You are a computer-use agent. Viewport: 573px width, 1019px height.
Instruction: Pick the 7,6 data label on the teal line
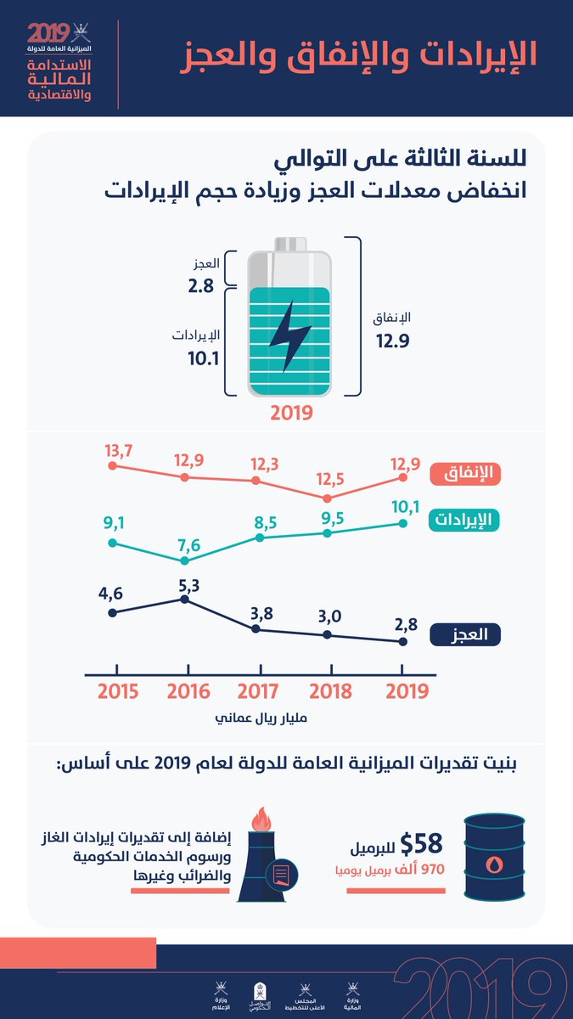(188, 543)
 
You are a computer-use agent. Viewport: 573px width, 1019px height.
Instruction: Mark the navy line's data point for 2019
(402, 642)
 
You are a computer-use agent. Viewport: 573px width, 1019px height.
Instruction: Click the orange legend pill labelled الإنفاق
(465, 474)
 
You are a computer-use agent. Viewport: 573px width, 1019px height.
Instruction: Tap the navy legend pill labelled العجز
(465, 634)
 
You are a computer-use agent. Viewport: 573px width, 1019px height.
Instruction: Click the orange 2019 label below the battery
(292, 414)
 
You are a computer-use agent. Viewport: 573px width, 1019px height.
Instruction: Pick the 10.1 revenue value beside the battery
(204, 359)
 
